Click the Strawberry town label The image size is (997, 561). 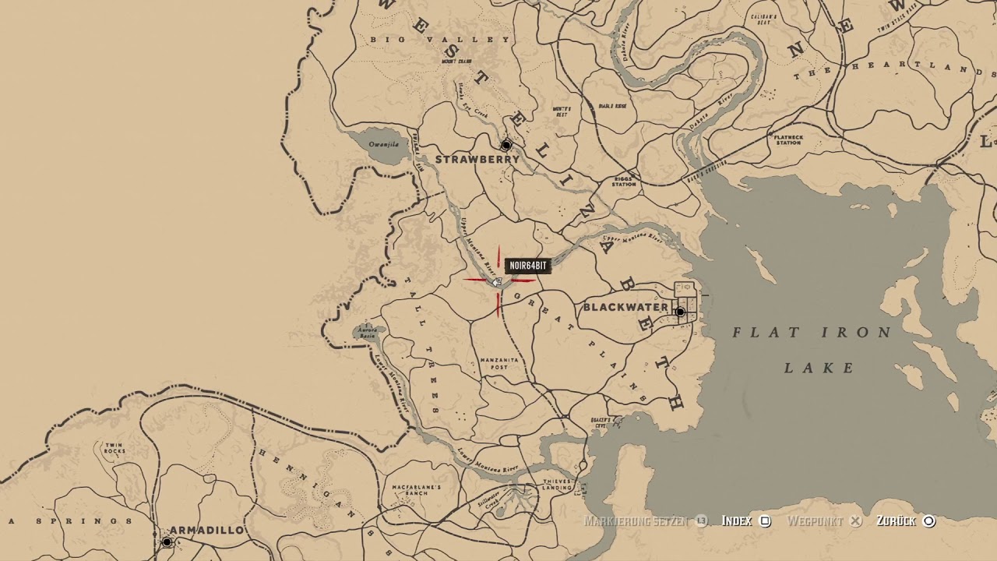(x=477, y=160)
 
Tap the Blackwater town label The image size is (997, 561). (x=625, y=308)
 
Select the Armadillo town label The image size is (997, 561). (x=206, y=531)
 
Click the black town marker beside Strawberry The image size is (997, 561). (x=506, y=145)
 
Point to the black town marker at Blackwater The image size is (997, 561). (x=680, y=312)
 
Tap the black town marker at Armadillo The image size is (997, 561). (x=167, y=542)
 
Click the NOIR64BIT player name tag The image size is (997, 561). (x=528, y=266)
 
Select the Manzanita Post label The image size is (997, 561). (x=499, y=363)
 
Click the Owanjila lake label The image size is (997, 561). (x=383, y=144)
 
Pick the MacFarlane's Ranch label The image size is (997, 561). (x=417, y=490)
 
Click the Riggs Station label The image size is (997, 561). (x=624, y=181)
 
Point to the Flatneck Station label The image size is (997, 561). (x=788, y=139)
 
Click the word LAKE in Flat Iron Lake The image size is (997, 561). (x=819, y=368)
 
